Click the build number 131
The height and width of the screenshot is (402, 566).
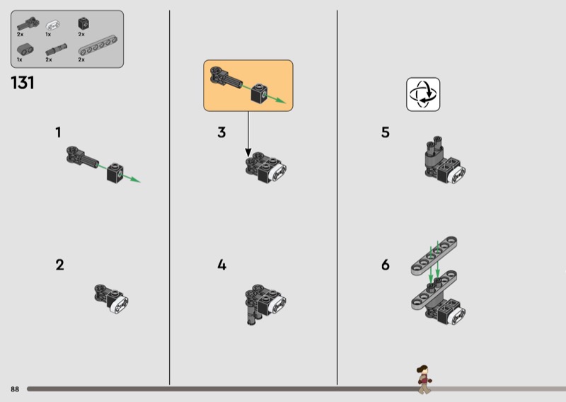pos(23,83)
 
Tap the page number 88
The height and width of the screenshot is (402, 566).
pos(15,389)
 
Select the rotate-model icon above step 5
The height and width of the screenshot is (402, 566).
pos(423,94)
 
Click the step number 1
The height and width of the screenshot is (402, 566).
pos(58,132)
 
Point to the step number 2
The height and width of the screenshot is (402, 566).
pos(60,265)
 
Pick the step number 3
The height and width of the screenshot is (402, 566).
pos(221,132)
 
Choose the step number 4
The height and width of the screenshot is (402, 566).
pos(221,265)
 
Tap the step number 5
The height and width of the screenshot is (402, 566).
pos(386,132)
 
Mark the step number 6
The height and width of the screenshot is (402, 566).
pos(386,265)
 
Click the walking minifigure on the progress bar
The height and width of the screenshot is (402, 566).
pos(424,379)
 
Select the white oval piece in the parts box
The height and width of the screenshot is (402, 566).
pos(52,25)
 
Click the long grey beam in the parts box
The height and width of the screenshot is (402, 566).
pos(98,45)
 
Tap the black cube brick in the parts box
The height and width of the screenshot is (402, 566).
pos(83,24)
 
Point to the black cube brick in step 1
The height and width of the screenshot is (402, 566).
pos(115,173)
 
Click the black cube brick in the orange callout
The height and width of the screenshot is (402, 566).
pos(259,93)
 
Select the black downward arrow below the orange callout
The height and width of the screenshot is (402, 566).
pos(248,134)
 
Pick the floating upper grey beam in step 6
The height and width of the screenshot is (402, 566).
pos(434,255)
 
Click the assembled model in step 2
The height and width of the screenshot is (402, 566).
pos(111,299)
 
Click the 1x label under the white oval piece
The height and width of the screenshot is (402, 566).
pos(48,34)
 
